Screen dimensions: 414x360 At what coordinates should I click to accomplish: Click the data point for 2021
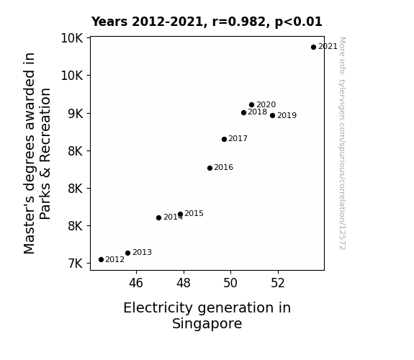[313, 48]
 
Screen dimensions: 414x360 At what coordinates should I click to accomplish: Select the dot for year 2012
[101, 260]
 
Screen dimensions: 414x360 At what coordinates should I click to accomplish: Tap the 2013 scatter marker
[127, 253]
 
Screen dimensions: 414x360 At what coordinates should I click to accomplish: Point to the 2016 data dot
[210, 168]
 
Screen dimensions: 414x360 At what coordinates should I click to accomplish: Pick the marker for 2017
[224, 139]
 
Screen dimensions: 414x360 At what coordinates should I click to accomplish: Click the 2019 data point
[272, 115]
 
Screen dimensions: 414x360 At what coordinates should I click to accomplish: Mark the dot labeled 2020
[251, 105]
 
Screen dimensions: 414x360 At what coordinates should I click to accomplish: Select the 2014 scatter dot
[158, 217]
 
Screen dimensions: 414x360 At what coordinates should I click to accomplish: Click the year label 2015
[194, 213]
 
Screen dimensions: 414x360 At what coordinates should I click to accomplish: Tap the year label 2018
[258, 112]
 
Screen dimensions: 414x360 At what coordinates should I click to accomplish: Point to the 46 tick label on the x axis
[136, 283]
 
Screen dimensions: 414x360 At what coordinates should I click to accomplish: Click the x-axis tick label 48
[184, 283]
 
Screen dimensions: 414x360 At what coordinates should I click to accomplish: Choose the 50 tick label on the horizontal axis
[230, 283]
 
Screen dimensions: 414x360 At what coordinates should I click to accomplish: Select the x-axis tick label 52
[278, 283]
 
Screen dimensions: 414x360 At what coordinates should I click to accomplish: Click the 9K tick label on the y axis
[76, 114]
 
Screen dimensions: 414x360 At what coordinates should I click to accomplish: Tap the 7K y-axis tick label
[76, 264]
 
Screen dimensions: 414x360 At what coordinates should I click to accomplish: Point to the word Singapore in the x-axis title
[207, 323]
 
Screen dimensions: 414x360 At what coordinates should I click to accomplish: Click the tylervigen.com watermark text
[342, 143]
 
